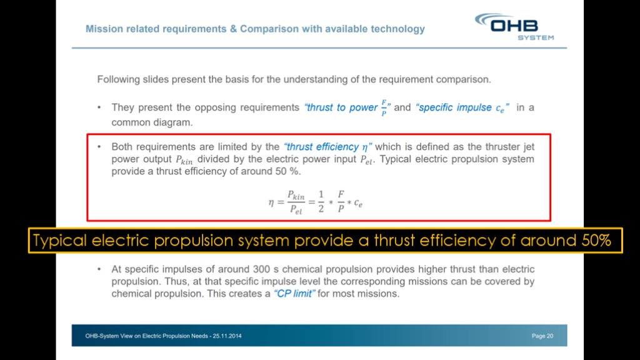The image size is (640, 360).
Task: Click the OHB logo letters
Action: [x=514, y=26]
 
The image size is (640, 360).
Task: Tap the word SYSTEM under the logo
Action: [x=536, y=37]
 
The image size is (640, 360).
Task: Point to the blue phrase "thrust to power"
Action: [x=342, y=107]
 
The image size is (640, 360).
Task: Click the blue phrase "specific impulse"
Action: [x=455, y=107]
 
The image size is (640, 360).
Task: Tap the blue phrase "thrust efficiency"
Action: [x=322, y=147]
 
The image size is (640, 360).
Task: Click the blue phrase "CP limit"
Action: [x=295, y=294]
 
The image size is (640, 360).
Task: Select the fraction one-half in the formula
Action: [x=321, y=202]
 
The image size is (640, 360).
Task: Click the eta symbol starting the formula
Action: [x=271, y=202]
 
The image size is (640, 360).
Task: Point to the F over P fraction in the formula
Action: [x=341, y=202]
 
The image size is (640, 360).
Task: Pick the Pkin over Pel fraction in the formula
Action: [x=296, y=202]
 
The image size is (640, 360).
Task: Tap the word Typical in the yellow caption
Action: [x=59, y=241]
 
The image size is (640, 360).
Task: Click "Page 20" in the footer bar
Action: [x=542, y=336]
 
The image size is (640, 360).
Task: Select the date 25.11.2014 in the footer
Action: [x=227, y=336]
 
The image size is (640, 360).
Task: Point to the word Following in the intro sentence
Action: [x=118, y=79]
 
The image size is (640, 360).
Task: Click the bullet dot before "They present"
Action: [x=99, y=107]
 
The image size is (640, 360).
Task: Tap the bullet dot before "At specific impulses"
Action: [x=99, y=269]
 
